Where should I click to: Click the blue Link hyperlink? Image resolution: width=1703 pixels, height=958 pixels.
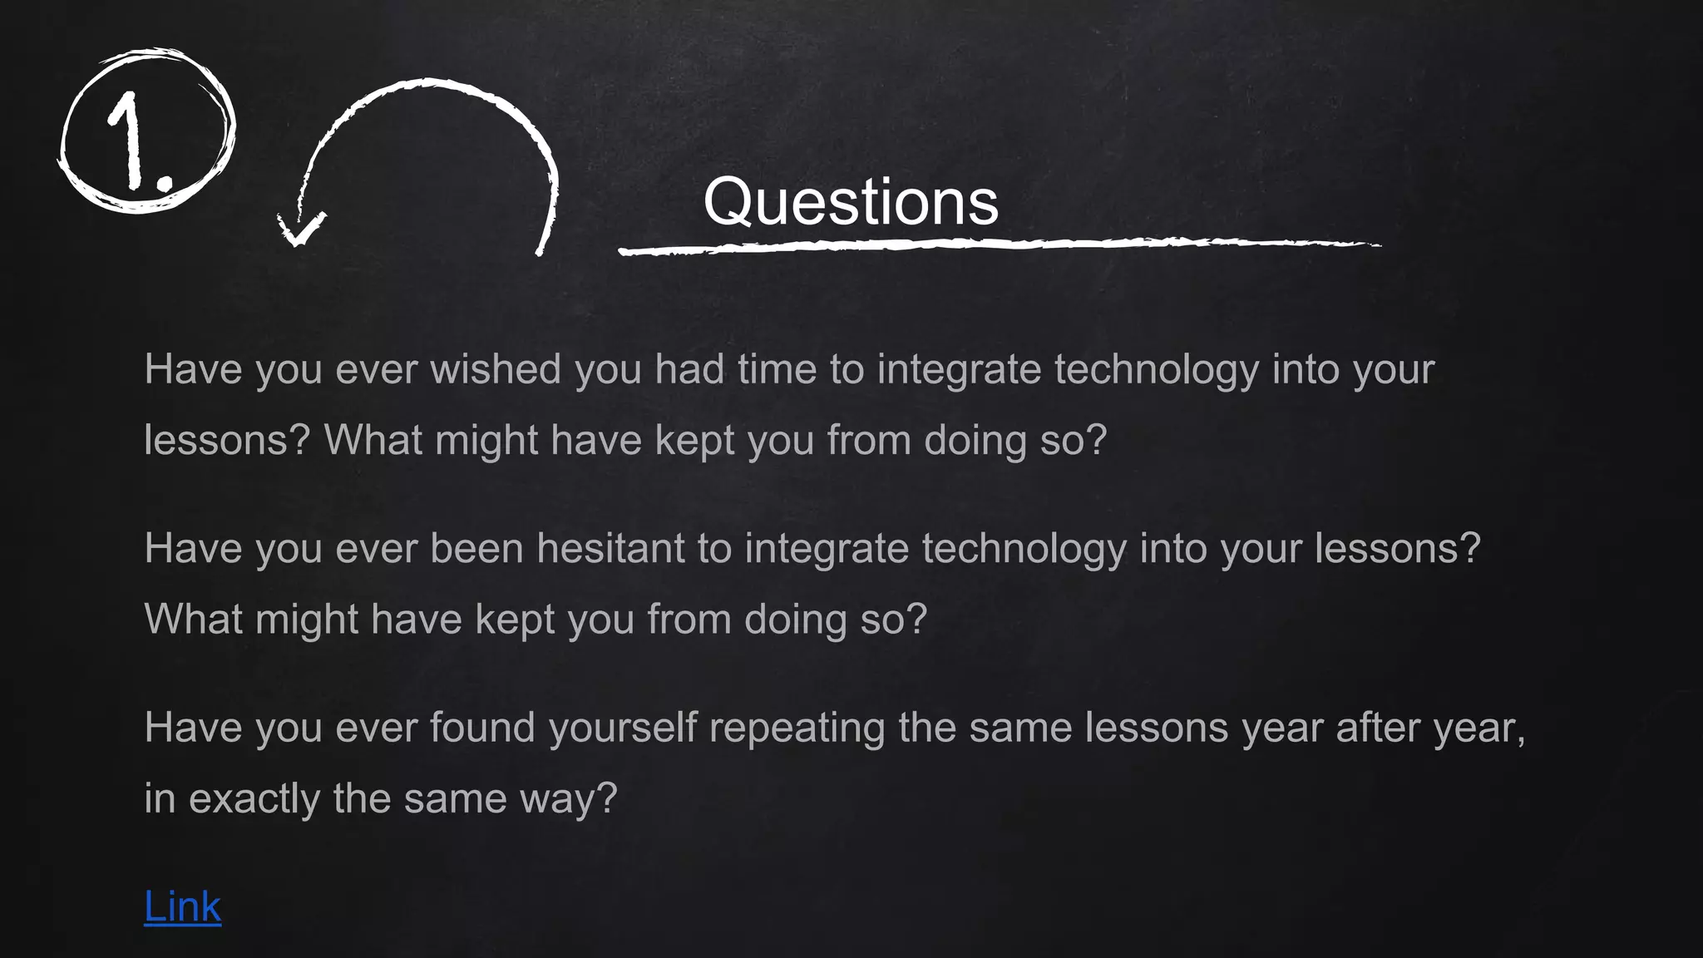[182, 906]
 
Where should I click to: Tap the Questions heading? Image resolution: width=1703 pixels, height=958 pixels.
[850, 202]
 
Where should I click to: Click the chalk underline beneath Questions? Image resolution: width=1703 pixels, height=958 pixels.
[998, 245]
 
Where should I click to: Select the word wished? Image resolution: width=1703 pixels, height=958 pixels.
[495, 369]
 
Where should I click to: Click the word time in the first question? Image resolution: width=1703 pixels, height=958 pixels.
[777, 369]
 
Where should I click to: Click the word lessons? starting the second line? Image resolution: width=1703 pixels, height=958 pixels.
[227, 440]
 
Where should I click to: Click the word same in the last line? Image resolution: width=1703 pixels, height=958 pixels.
[455, 799]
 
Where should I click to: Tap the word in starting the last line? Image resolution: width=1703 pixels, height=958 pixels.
[160, 799]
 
